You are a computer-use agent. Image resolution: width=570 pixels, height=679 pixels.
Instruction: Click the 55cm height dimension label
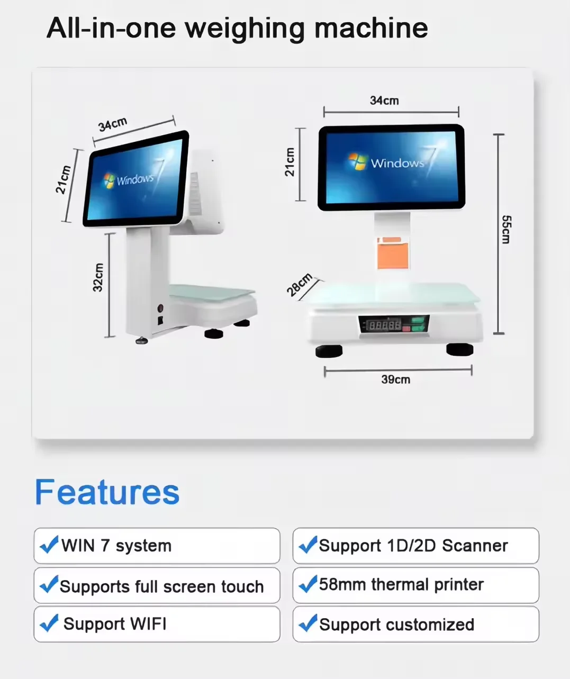(x=506, y=229)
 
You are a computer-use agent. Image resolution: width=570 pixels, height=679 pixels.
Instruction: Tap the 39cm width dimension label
(x=395, y=379)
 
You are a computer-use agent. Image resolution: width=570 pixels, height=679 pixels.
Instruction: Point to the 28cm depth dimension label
(x=300, y=286)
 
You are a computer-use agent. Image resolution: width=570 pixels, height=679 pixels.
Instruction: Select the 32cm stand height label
(x=98, y=277)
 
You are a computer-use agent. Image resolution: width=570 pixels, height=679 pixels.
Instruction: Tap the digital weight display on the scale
(x=385, y=324)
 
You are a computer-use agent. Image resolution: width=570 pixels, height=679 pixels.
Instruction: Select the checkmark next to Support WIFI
(x=49, y=623)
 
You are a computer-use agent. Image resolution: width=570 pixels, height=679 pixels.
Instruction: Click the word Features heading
(x=107, y=492)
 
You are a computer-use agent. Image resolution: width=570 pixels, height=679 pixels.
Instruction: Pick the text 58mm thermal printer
(x=401, y=584)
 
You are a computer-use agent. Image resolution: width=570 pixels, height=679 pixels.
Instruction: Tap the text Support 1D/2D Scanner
(x=413, y=546)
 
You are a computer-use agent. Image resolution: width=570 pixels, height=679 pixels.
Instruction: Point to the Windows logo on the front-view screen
(x=357, y=161)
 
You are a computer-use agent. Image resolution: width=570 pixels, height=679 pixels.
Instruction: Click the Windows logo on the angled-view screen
(x=109, y=180)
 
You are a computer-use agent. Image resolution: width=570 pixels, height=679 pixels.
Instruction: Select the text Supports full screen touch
(x=161, y=586)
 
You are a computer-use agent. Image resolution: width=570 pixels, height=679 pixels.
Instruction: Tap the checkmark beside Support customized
(x=308, y=623)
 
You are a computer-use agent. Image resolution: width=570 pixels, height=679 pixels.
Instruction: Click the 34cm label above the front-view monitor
(x=384, y=101)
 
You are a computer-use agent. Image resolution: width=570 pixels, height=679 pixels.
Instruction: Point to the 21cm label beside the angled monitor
(x=64, y=180)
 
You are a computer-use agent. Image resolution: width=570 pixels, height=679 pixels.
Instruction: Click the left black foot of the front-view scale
(x=329, y=351)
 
